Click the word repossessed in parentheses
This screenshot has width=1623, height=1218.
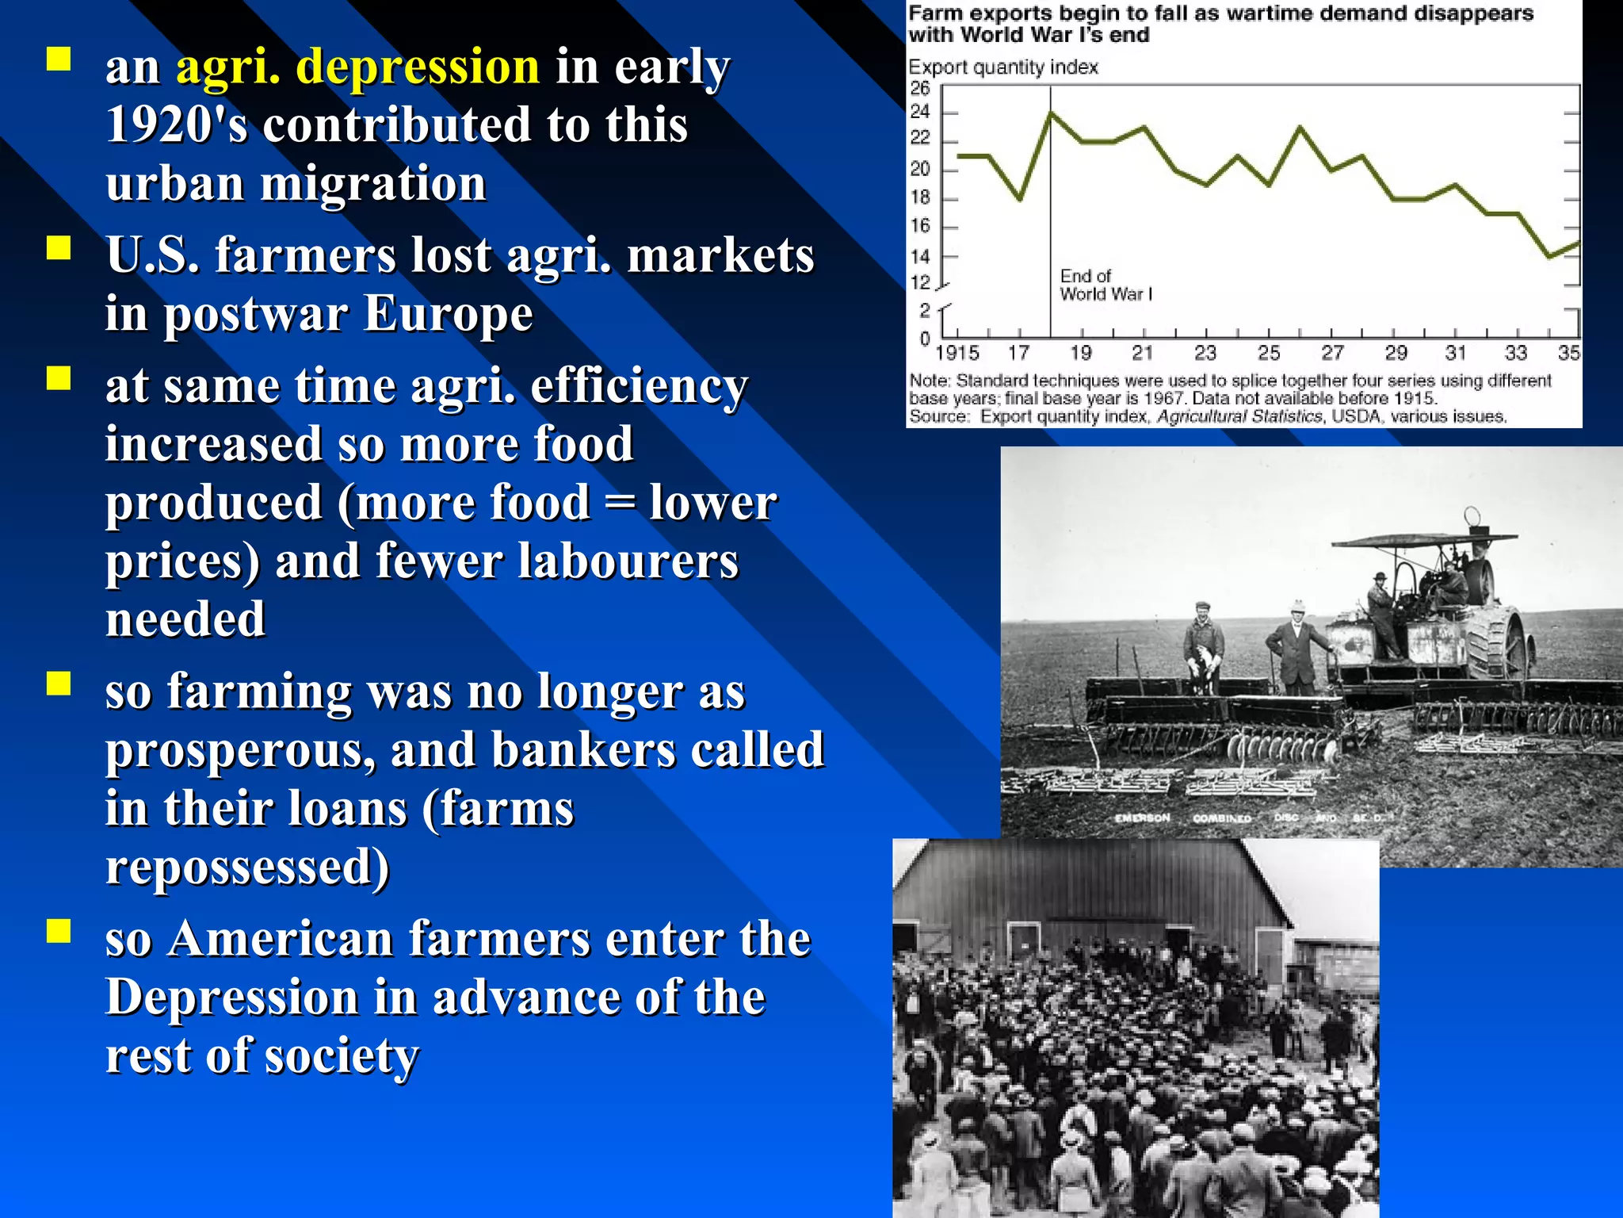click(247, 867)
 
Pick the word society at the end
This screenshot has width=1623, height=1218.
click(341, 1056)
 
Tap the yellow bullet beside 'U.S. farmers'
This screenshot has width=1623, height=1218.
click(59, 248)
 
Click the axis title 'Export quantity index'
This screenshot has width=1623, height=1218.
click(1002, 67)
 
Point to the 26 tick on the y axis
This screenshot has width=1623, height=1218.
click(919, 88)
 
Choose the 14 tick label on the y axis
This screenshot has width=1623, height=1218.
click(919, 257)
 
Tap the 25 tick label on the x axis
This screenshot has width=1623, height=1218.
click(1269, 353)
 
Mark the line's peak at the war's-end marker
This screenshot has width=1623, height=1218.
click(1051, 113)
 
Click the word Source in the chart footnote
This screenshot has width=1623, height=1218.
click(938, 417)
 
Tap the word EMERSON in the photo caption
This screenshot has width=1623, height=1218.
click(1142, 818)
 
